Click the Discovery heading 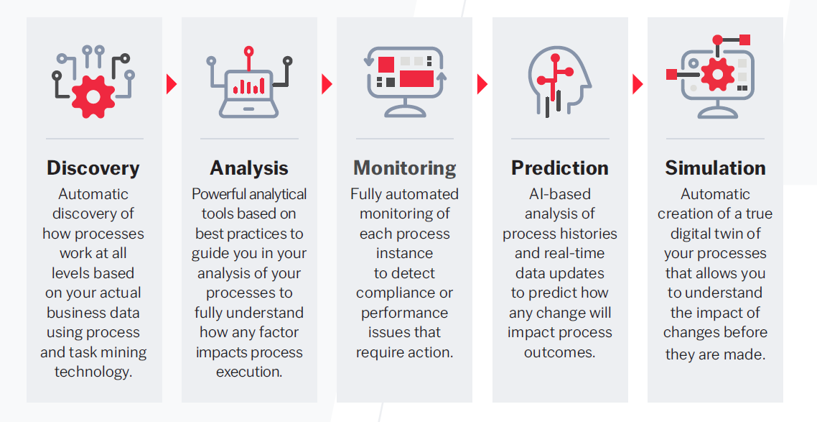click(x=93, y=168)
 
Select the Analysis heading click(x=249, y=168)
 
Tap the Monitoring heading click(x=405, y=168)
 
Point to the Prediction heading click(x=560, y=168)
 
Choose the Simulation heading click(x=715, y=168)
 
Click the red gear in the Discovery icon click(x=93, y=93)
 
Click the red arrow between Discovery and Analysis click(x=172, y=84)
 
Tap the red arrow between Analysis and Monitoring click(x=327, y=84)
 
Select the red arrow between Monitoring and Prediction click(x=482, y=84)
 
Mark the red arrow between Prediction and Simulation click(x=638, y=84)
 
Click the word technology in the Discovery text click(x=93, y=372)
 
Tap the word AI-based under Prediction click(x=560, y=194)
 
